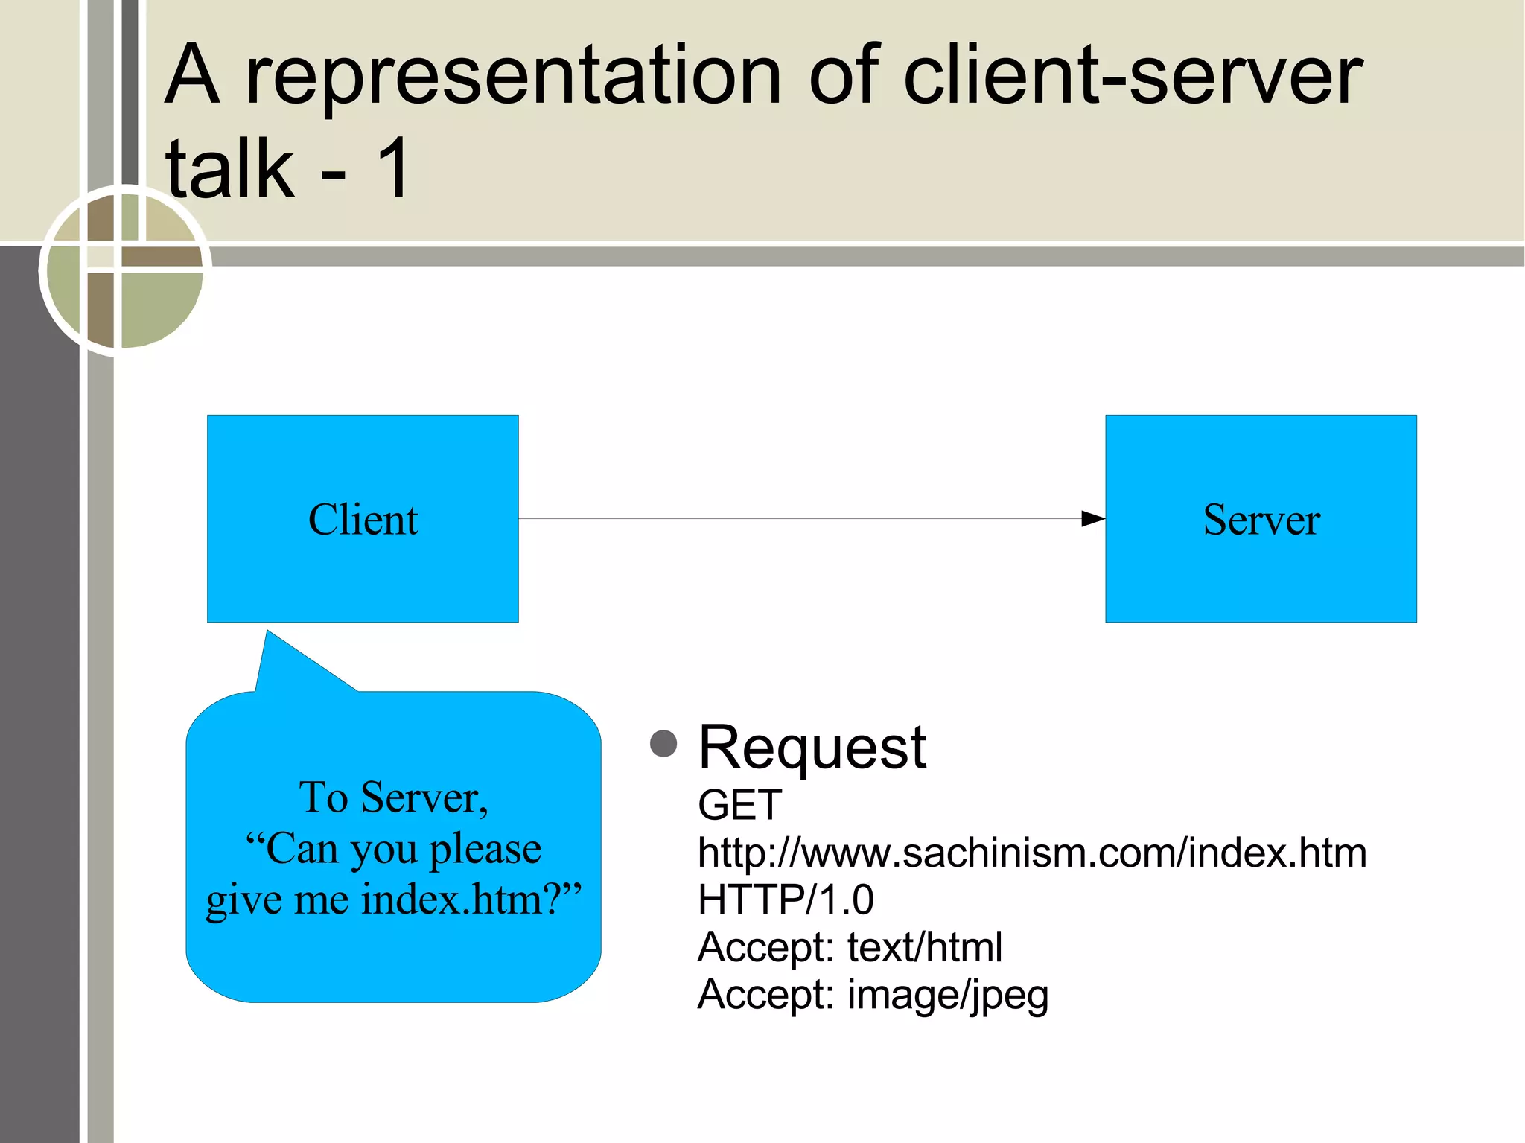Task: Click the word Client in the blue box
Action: (x=363, y=519)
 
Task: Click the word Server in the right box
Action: (x=1261, y=519)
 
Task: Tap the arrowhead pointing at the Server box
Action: (x=1092, y=518)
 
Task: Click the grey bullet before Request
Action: (x=663, y=743)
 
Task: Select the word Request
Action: (x=812, y=747)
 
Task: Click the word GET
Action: (x=739, y=805)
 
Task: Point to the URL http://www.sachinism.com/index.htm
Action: (x=1031, y=853)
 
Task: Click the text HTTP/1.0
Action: (x=786, y=900)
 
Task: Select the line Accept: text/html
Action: (x=850, y=947)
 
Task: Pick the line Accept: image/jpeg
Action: (x=873, y=995)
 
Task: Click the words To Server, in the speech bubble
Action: (x=393, y=797)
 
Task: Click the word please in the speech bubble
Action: (x=485, y=849)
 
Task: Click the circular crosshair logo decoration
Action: (x=124, y=270)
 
